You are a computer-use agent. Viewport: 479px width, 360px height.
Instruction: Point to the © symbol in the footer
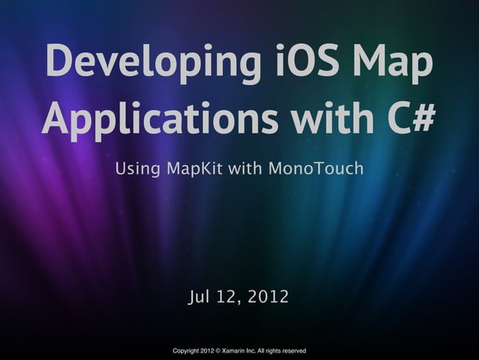(x=218, y=351)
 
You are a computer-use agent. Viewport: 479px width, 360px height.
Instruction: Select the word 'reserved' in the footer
(x=293, y=351)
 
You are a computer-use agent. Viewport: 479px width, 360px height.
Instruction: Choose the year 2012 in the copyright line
(x=208, y=351)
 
